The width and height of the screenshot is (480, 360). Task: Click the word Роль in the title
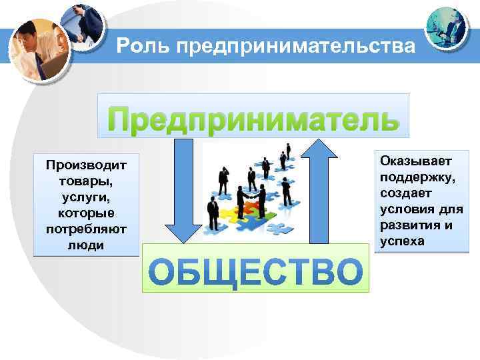tap(137, 46)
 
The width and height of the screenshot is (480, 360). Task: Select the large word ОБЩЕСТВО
tap(255, 272)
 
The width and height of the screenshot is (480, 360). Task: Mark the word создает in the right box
tap(406, 193)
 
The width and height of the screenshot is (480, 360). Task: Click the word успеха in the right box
tap(402, 241)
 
